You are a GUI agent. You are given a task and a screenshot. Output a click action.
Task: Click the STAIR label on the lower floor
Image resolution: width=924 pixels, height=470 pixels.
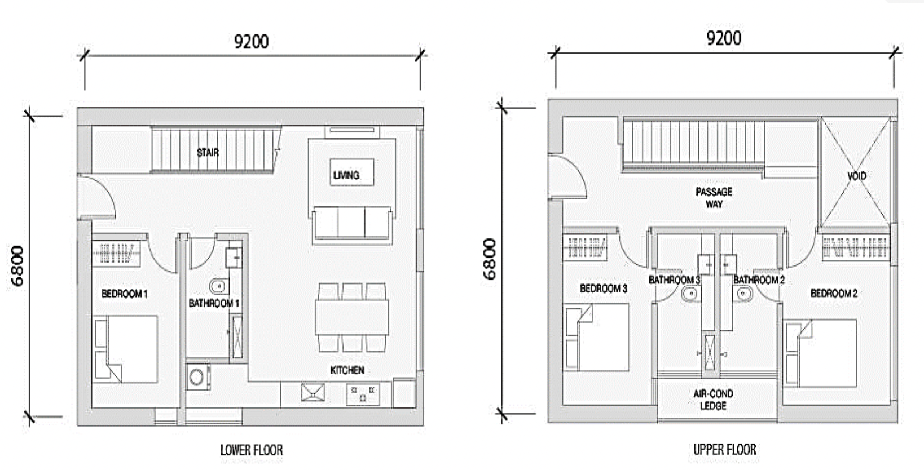click(x=208, y=153)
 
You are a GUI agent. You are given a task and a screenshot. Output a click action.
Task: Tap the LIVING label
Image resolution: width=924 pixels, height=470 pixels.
click(x=346, y=175)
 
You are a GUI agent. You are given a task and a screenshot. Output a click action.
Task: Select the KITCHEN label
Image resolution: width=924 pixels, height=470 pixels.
click(x=347, y=370)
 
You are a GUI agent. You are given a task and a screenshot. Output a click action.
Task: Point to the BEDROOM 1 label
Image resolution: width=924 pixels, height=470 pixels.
click(x=124, y=294)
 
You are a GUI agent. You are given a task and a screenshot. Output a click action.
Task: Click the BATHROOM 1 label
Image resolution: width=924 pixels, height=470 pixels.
click(x=214, y=303)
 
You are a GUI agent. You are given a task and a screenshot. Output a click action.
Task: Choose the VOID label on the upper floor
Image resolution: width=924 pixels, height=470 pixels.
click(x=857, y=176)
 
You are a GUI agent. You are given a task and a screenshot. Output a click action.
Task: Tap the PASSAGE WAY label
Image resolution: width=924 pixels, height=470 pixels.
click(x=714, y=198)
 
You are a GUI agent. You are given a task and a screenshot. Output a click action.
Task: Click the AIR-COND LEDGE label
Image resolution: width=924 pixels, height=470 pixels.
click(x=713, y=400)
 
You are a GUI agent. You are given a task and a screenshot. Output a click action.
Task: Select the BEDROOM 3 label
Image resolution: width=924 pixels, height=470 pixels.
click(x=604, y=289)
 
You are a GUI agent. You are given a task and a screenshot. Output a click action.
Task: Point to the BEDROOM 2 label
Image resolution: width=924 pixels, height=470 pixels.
click(x=834, y=293)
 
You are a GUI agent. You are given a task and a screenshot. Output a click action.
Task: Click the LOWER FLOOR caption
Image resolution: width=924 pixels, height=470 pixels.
click(x=252, y=450)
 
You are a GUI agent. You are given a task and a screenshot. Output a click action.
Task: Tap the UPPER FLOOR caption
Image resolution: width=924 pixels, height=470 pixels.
click(x=725, y=449)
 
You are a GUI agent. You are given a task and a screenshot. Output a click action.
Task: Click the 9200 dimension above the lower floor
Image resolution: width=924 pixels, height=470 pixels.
click(x=251, y=42)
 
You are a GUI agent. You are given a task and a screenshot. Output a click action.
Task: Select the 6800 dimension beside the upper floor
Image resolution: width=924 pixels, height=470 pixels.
click(x=490, y=259)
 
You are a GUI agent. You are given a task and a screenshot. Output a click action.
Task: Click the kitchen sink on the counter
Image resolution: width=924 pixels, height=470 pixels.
click(x=313, y=392)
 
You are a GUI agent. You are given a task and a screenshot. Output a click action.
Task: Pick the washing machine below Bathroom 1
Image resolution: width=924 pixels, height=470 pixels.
click(x=198, y=377)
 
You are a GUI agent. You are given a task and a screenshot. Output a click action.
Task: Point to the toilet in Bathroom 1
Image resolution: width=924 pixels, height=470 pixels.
click(x=219, y=286)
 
